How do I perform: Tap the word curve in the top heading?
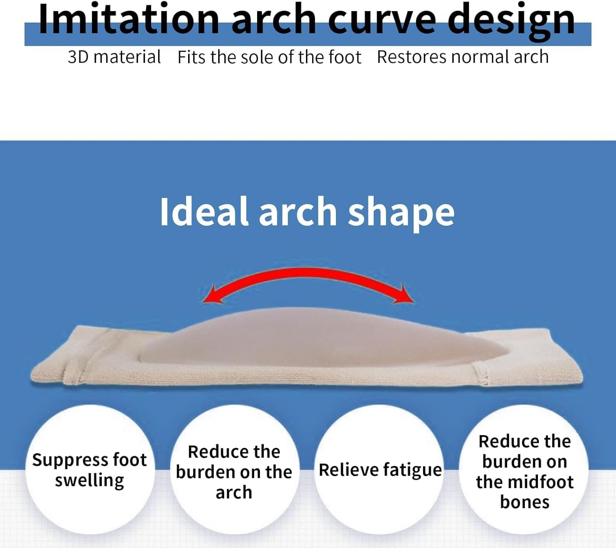382,20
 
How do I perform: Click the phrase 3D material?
114,57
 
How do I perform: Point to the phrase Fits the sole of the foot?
269,57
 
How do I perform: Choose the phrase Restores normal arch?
462,57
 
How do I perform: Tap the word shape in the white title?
401,212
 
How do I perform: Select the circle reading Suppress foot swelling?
90,470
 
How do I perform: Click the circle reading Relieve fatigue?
380,470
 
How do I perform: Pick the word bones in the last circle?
524,502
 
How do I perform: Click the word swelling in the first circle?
90,480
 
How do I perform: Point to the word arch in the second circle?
234,492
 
